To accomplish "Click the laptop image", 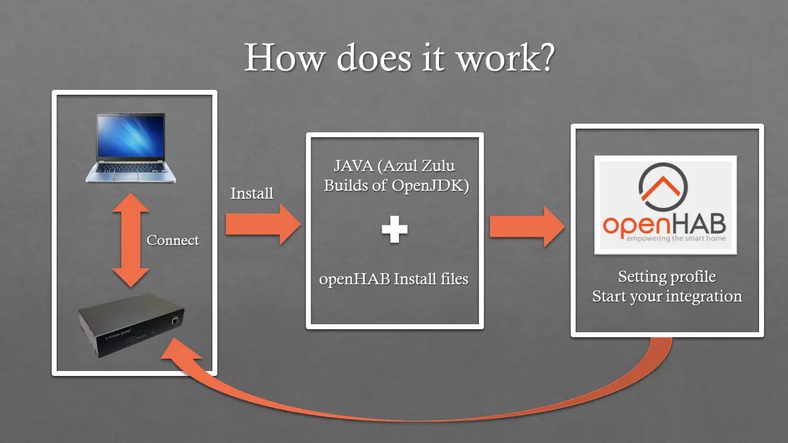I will pos(130,148).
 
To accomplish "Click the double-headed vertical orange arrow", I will pos(131,241).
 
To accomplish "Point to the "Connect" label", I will pos(172,241).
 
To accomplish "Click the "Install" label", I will pos(252,193).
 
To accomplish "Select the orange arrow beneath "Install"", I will pos(262,224).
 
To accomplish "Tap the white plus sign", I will pos(394,230).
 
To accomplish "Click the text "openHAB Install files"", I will pos(394,279).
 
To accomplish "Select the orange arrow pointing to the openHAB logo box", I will pos(526,226).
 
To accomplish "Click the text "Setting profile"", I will pos(667,276).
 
